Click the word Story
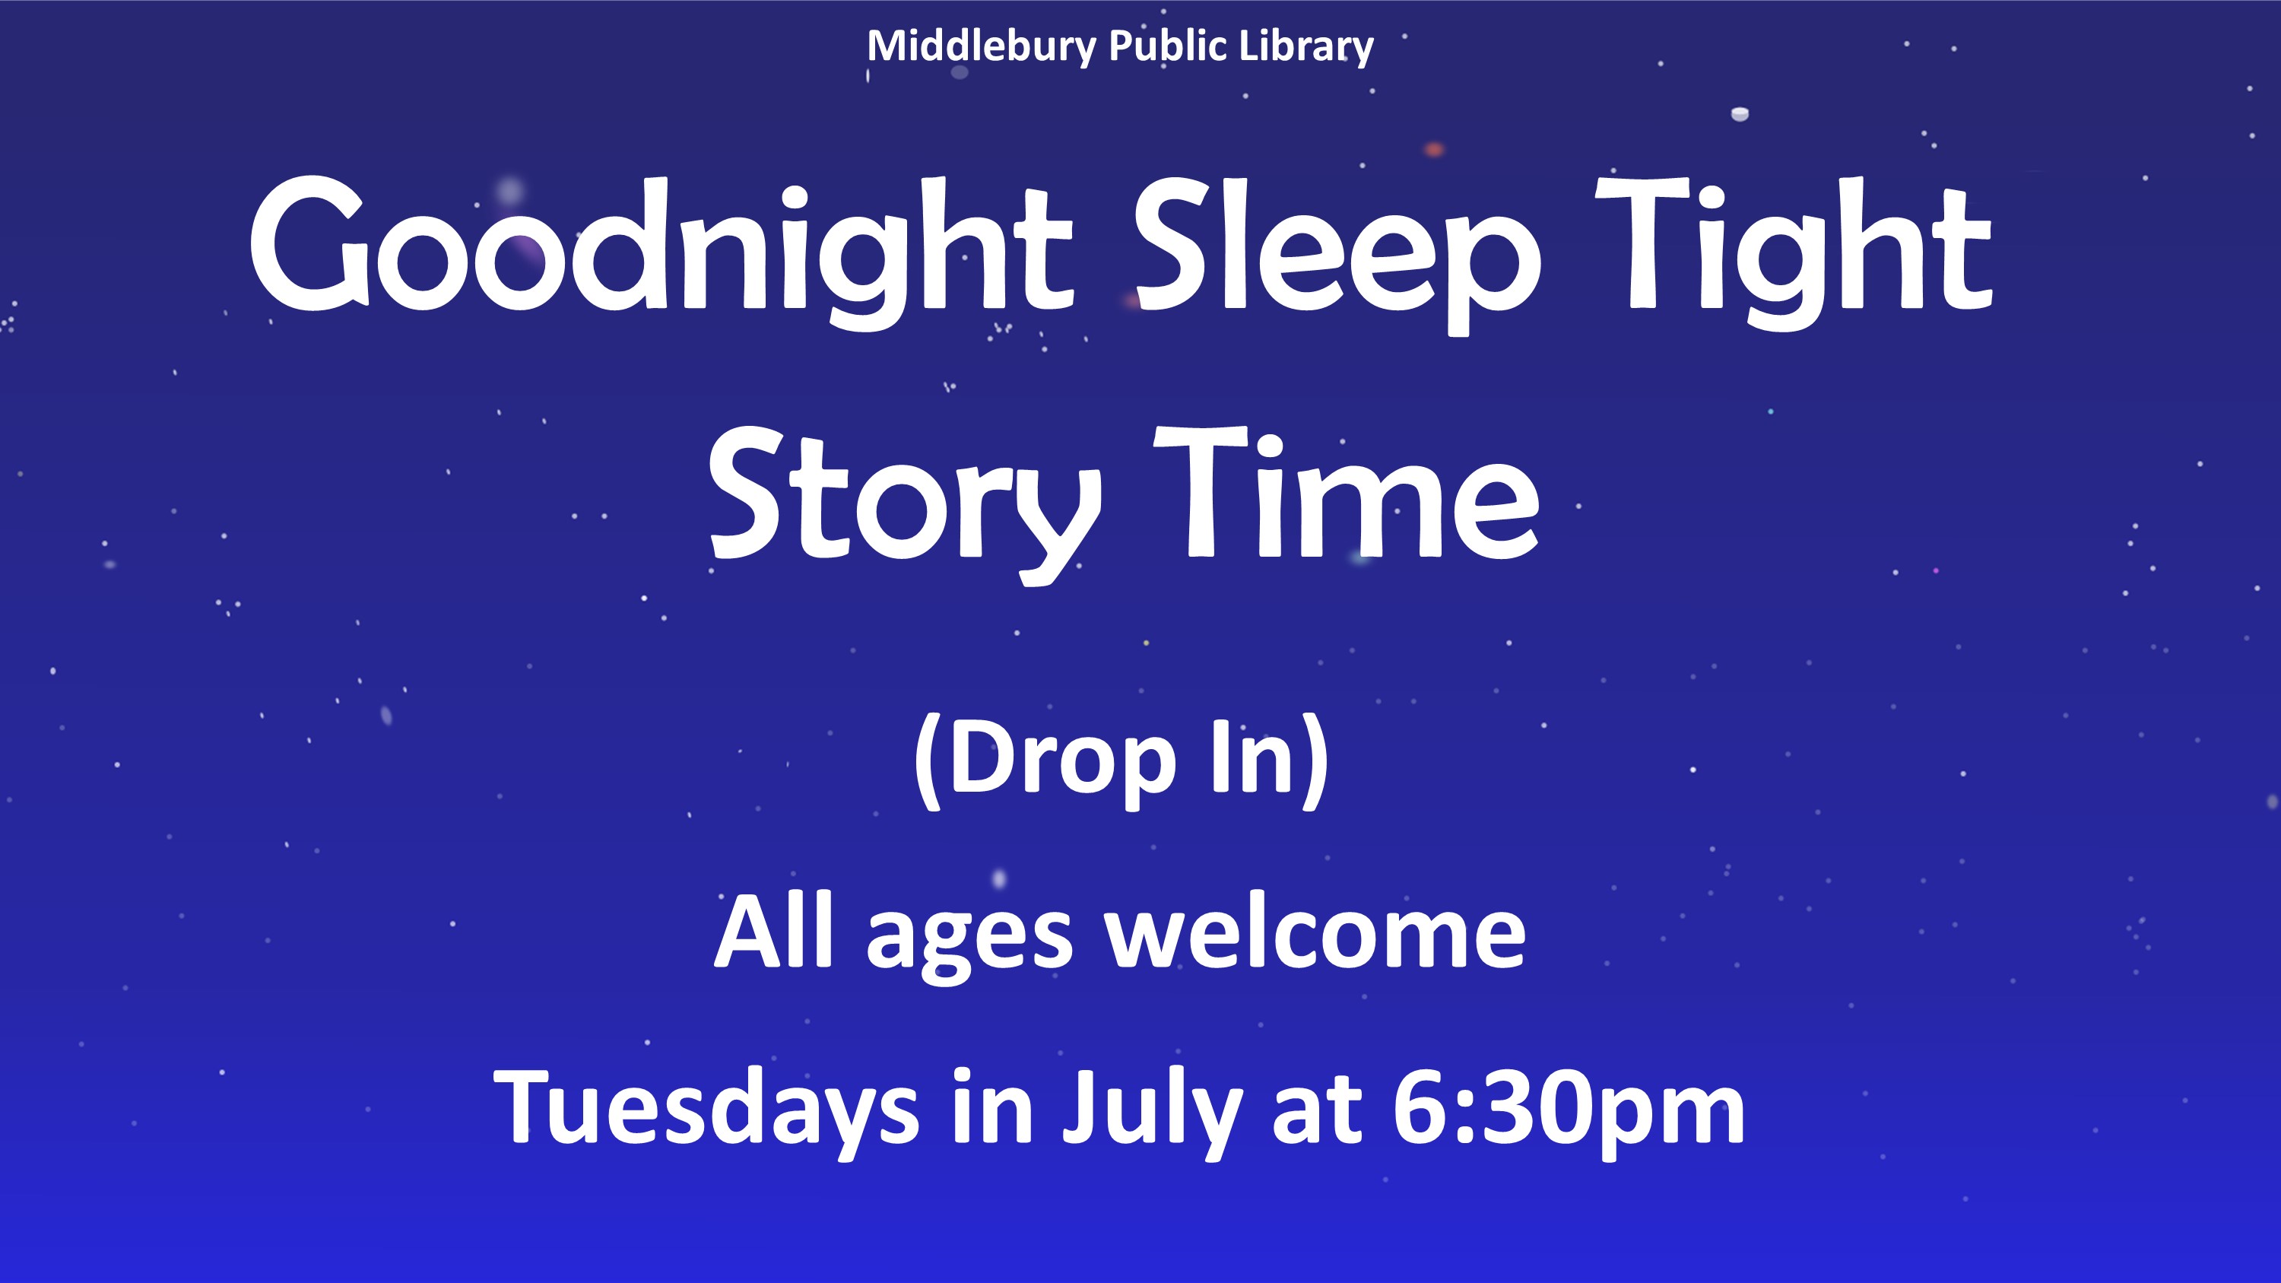click(x=905, y=506)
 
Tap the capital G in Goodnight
click(x=309, y=243)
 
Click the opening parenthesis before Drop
click(x=926, y=761)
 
